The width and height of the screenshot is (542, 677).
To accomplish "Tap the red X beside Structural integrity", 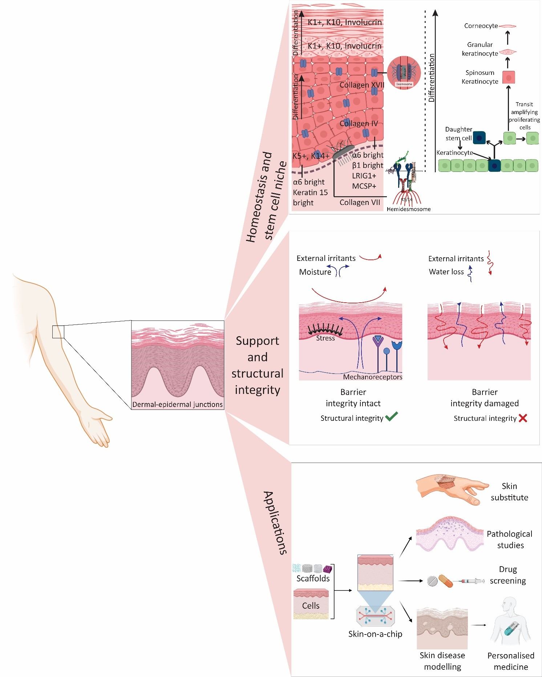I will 523,418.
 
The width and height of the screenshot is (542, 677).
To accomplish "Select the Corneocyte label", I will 481,26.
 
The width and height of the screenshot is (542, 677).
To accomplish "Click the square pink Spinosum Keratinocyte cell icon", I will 509,77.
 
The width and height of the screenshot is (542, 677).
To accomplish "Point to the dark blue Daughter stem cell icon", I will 479,138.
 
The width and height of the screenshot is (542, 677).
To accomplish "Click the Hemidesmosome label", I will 408,209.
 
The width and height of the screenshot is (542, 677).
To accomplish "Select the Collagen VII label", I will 359,202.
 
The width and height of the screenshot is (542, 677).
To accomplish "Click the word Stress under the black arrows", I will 325,338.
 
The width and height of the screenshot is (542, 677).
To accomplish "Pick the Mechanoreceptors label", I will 372,377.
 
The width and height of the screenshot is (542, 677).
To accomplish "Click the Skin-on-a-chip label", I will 375,634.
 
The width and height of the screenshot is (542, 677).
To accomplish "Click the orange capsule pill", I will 446,581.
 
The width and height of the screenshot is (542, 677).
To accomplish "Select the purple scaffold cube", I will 327,569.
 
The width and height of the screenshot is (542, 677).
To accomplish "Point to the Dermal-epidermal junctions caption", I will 177,404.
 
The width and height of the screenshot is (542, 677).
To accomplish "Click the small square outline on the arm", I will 58,332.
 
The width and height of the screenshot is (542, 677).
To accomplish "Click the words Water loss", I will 446,272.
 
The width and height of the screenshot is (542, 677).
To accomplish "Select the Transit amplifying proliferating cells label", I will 524,116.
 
